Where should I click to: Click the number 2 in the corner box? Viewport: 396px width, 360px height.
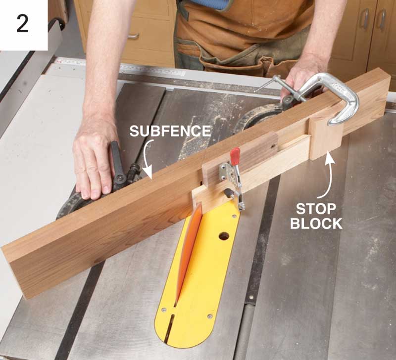point(22,23)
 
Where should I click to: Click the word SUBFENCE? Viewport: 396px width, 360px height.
point(170,131)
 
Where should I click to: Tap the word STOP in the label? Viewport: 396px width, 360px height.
point(316,209)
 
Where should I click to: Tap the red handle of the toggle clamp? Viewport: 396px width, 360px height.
point(235,156)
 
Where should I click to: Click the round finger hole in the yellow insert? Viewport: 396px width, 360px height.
point(224,236)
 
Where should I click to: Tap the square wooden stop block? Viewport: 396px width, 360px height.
point(326,138)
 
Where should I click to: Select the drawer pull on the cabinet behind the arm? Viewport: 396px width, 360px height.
point(133,36)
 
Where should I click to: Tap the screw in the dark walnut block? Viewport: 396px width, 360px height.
point(272,145)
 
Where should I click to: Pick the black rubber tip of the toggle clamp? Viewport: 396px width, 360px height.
point(228,193)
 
